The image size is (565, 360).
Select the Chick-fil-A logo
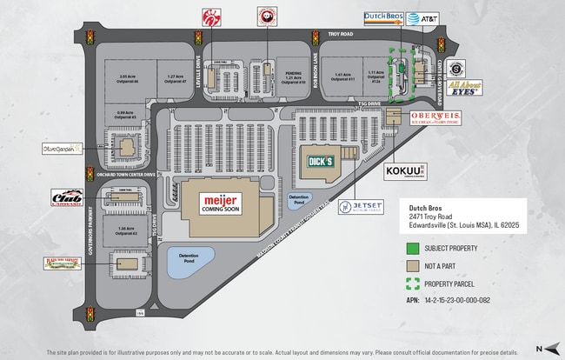[x=209, y=16]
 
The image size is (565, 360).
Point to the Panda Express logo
[x=265, y=16]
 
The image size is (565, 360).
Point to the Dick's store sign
[x=318, y=161]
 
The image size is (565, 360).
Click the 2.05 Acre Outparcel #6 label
[x=130, y=78]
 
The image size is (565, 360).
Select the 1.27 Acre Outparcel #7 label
[x=178, y=78]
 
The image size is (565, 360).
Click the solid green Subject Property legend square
[x=414, y=248]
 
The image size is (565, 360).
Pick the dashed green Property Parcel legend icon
[x=414, y=283]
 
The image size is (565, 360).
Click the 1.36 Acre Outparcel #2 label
[x=129, y=231]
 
